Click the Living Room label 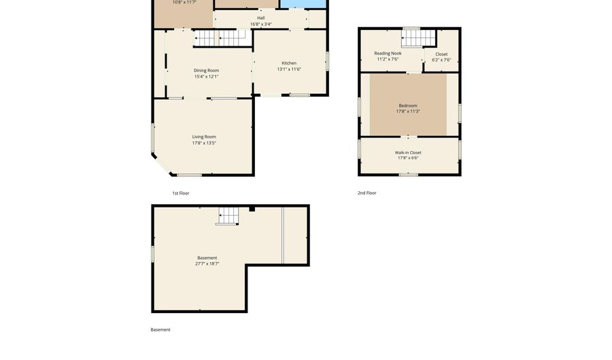204,137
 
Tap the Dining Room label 206,71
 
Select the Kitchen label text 289,63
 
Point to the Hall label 261,18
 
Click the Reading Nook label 388,53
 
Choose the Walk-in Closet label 408,152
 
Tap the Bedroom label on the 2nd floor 408,105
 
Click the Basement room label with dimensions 207,258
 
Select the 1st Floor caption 181,193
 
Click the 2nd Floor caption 367,193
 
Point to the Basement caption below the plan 160,330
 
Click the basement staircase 228,216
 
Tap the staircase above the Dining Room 221,38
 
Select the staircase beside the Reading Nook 418,37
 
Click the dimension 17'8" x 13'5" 204,143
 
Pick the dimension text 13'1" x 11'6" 289,69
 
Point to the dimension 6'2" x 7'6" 441,60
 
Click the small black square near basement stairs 252,209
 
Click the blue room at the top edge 303,4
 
